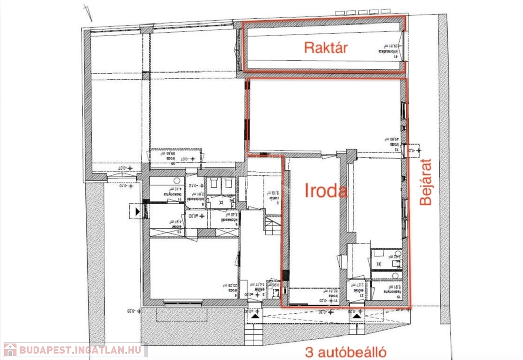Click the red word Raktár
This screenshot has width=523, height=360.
click(326, 48)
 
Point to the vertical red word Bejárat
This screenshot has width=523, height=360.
click(425, 182)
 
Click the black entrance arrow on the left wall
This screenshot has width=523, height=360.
click(137, 210)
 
